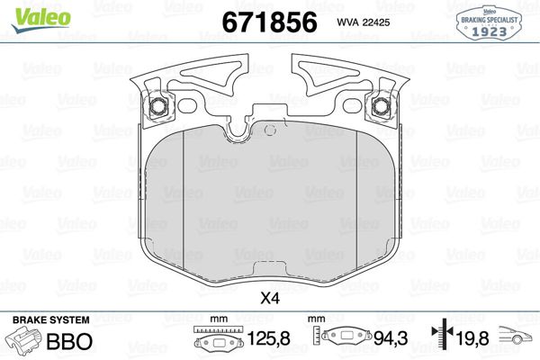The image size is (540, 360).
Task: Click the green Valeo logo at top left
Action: click(x=40, y=20)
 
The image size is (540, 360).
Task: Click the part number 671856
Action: click(x=270, y=22)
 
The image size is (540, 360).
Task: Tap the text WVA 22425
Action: click(x=364, y=22)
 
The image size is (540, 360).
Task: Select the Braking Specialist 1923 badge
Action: click(x=489, y=22)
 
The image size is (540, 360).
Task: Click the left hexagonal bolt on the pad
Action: click(x=158, y=106)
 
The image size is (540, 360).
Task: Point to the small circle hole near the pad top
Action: click(x=270, y=130)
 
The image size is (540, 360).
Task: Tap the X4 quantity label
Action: click(x=270, y=298)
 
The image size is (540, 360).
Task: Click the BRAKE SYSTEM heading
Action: click(x=51, y=320)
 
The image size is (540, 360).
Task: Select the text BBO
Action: click(x=69, y=341)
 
